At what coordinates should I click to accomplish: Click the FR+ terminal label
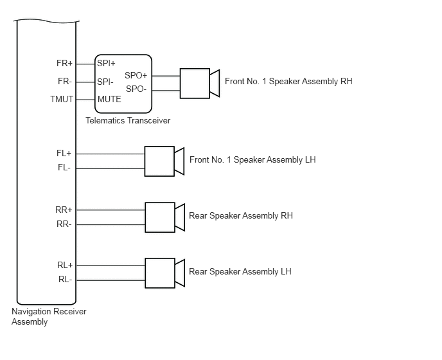[64, 63]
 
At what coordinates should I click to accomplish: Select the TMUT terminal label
[62, 99]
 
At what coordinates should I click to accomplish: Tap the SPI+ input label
[106, 63]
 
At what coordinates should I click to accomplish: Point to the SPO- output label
[136, 89]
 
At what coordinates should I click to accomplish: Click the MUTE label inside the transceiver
[109, 99]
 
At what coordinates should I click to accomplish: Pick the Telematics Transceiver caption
[128, 120]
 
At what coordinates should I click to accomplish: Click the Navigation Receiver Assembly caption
[49, 316]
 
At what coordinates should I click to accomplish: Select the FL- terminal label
[64, 168]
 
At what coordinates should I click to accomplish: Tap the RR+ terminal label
[64, 210]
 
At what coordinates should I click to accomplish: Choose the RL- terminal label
[65, 279]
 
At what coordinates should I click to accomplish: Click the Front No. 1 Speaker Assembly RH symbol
[200, 83]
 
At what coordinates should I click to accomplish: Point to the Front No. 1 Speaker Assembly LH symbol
[164, 161]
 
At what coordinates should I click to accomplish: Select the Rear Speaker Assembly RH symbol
[165, 217]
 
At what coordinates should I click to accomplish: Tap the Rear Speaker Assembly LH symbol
[165, 273]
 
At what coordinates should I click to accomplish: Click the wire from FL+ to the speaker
[110, 154]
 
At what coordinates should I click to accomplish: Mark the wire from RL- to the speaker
[110, 280]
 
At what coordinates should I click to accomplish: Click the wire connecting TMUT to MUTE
[85, 100]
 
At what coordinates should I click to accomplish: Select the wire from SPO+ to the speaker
[166, 76]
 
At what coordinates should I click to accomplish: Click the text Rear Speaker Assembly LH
[240, 272]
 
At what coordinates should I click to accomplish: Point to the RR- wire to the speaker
[110, 224]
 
